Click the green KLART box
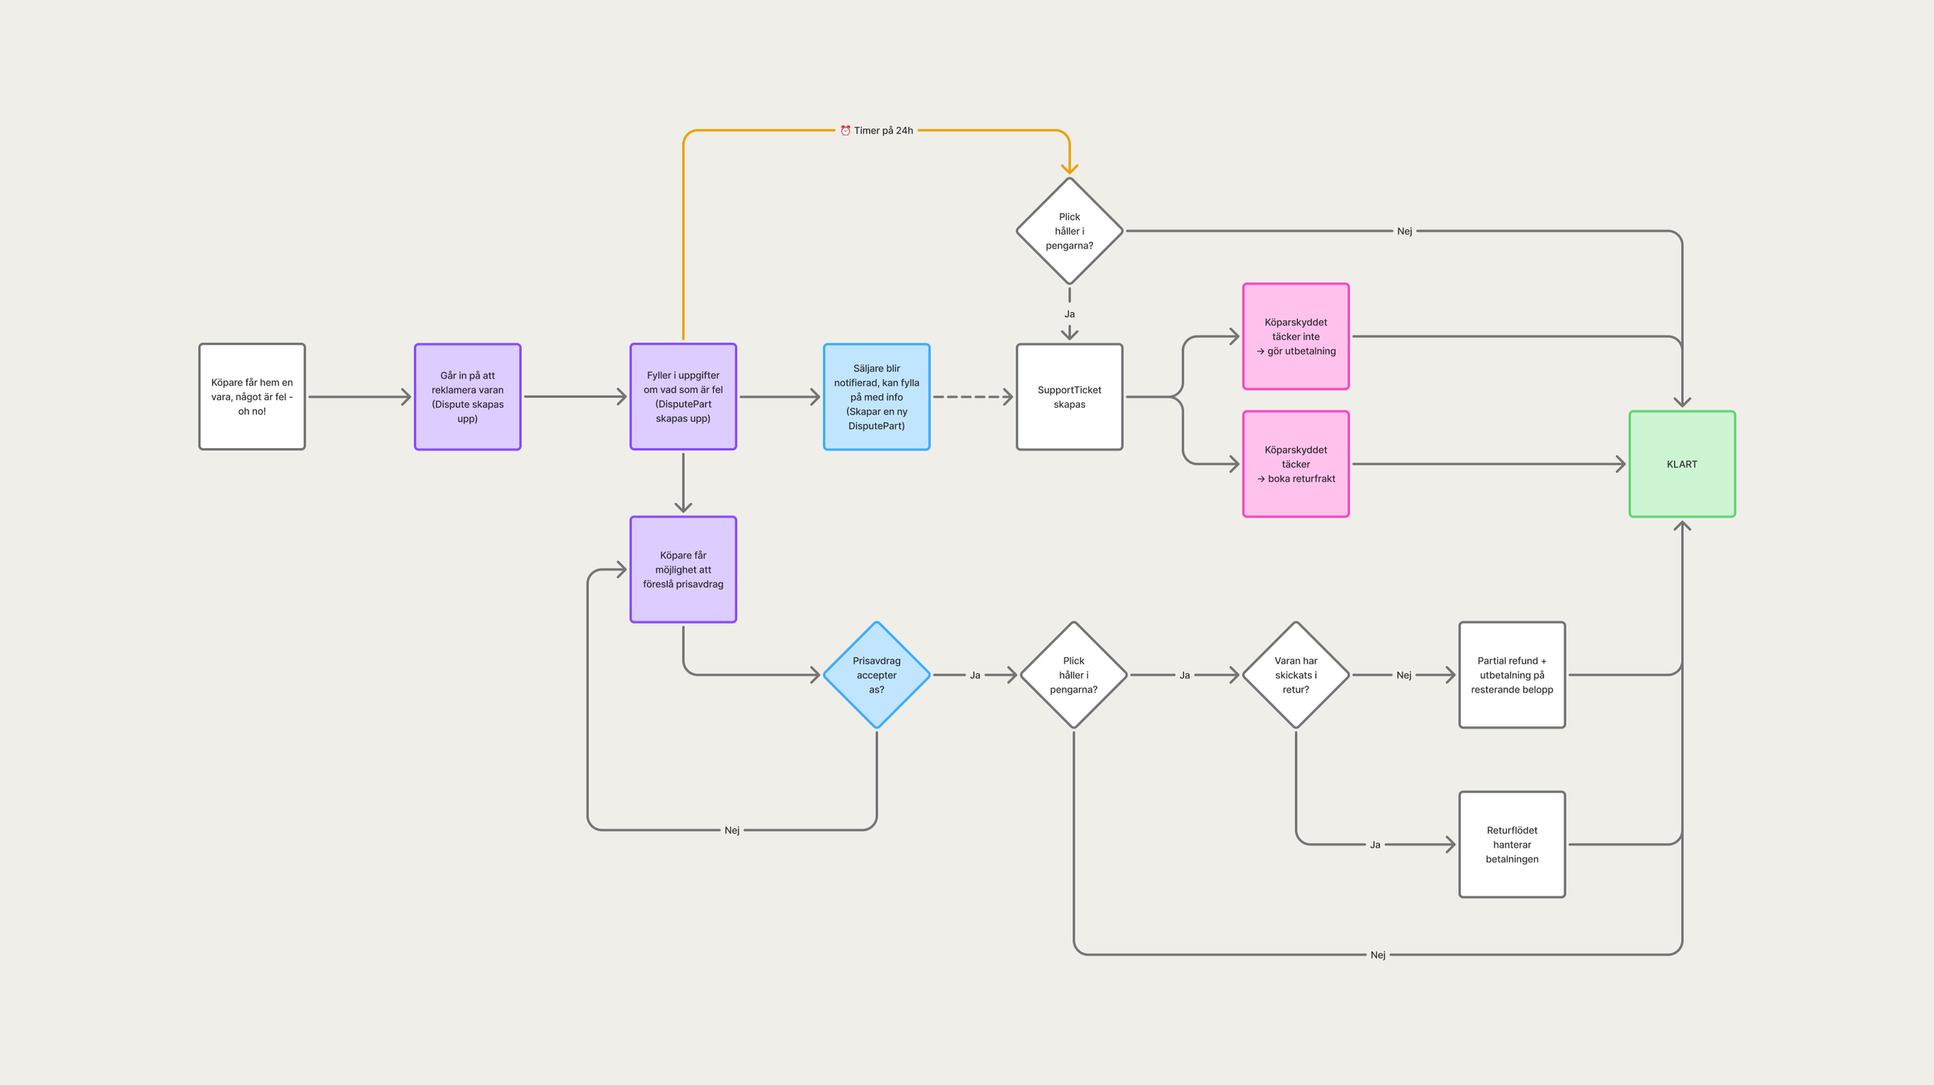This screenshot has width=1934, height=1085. (1682, 464)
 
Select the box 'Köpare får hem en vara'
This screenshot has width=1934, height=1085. (252, 396)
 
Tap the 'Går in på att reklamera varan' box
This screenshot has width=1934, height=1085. (467, 396)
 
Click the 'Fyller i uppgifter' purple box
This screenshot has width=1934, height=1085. (683, 396)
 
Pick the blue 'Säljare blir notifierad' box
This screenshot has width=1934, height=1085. (876, 396)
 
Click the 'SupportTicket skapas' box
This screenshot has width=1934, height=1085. (1069, 396)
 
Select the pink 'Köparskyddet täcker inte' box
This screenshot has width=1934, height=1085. (1296, 336)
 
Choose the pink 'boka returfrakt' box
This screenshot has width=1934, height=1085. (1296, 464)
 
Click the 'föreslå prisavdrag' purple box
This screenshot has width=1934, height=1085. (683, 569)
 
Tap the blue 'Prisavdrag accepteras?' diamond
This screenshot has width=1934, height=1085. (876, 675)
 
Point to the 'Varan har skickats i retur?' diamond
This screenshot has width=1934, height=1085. (1296, 675)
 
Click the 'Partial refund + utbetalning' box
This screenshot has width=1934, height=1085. (1512, 675)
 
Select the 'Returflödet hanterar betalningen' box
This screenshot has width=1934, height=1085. (1512, 844)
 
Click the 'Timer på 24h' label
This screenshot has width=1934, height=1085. (883, 131)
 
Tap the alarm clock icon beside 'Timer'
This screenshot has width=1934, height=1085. (846, 131)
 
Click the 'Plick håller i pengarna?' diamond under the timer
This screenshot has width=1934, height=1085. (1069, 231)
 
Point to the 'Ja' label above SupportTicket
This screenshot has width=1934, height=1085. (1069, 314)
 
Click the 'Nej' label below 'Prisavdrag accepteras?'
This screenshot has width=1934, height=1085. (732, 830)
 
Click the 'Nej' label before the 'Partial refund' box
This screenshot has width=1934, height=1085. (1403, 675)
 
